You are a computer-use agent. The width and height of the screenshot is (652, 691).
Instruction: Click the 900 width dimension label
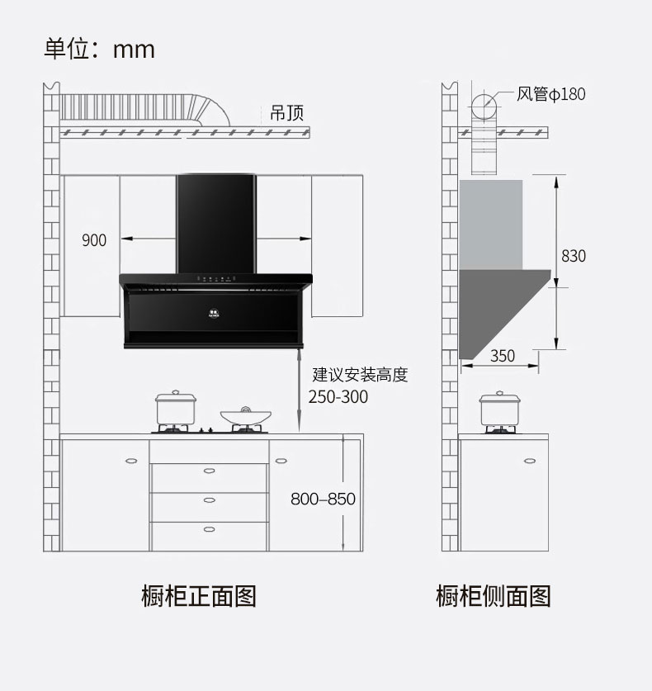click(94, 240)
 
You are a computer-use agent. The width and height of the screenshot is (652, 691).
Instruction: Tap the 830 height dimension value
click(573, 256)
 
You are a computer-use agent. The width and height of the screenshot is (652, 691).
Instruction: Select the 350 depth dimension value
click(502, 356)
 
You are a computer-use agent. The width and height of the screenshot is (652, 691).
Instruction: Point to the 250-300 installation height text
click(338, 396)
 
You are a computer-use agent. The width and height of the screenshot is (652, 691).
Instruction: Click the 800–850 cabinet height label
click(323, 499)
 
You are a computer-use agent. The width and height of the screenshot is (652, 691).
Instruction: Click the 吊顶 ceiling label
click(286, 113)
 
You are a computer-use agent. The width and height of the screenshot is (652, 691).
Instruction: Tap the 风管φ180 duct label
click(550, 94)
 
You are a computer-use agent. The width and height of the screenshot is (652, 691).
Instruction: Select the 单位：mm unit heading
click(99, 49)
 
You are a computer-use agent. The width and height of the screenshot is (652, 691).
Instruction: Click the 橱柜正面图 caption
click(199, 595)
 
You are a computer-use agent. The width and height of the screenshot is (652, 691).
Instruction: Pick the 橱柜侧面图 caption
click(493, 595)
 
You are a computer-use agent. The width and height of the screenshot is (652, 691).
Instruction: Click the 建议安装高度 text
click(360, 375)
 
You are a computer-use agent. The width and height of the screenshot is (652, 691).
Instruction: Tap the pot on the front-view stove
click(177, 408)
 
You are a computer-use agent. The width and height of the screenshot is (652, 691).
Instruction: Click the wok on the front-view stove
click(245, 416)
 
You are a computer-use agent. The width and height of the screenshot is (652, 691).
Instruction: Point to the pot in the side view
click(500, 409)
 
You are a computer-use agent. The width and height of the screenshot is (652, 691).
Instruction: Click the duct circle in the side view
click(484, 106)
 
